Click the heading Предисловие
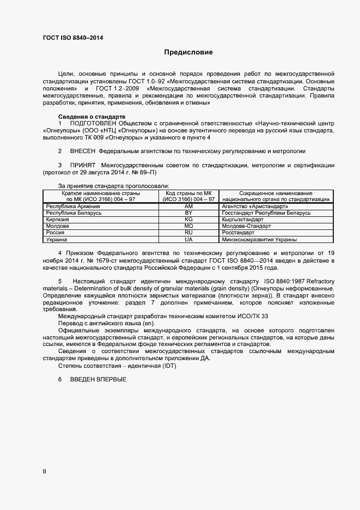pyautogui.click(x=188, y=53)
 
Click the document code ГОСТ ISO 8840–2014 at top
pyautogui.click(x=72, y=38)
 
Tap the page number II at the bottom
pyautogui.click(x=45, y=471)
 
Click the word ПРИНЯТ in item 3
pyautogui.click(x=82, y=165)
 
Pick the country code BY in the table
pyautogui.click(x=189, y=213)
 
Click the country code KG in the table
pyautogui.click(x=189, y=219)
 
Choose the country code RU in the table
pyautogui.click(x=189, y=232)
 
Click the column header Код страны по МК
pyautogui.click(x=189, y=193)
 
